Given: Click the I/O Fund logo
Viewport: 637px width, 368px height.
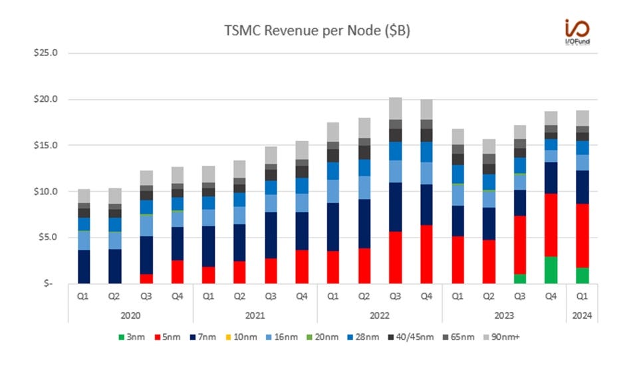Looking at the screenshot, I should point(575,30).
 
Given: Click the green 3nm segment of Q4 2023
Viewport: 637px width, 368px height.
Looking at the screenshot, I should point(551,270).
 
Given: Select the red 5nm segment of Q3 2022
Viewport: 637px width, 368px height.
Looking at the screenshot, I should point(396,258).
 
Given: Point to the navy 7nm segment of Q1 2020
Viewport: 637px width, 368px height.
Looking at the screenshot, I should point(84,267).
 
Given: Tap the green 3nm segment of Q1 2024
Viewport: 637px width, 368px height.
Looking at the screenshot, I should point(582,276).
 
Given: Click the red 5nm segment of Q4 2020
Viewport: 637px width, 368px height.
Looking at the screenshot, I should point(178,272).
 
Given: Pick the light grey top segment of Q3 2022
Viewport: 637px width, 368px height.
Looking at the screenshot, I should point(396,108).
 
